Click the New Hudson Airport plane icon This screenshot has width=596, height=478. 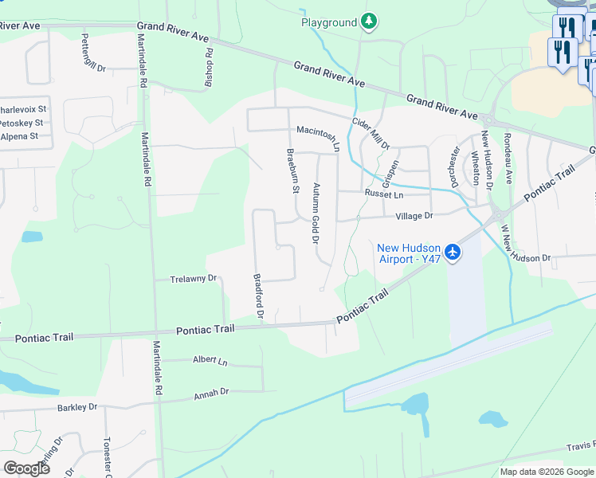[453, 252]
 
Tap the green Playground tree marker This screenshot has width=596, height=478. [368, 22]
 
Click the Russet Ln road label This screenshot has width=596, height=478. [385, 194]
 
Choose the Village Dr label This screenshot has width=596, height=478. [414, 216]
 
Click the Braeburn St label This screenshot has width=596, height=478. [292, 170]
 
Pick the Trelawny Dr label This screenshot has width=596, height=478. [194, 279]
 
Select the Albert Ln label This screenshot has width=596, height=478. [210, 361]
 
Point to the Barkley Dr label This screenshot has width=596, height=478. [76, 407]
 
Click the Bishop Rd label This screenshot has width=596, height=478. [209, 69]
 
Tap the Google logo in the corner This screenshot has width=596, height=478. [26, 468]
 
